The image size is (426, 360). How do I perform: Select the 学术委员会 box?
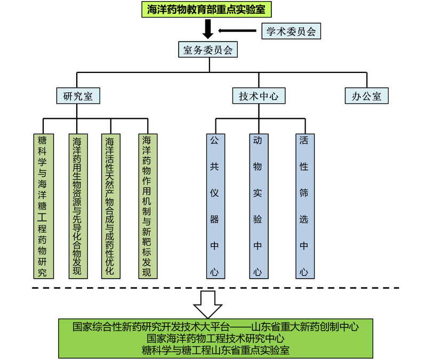tap(291, 31)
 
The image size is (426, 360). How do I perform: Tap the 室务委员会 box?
tap(207, 51)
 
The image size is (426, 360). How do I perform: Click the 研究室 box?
tap(78, 96)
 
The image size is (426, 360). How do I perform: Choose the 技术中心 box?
tap(259, 96)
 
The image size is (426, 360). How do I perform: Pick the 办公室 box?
tap(366, 96)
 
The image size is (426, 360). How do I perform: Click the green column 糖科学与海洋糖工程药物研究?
tap(43, 206)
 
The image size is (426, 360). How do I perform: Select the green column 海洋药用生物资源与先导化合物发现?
tap(77, 206)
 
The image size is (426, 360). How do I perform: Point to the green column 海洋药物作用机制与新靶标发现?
tap(146, 206)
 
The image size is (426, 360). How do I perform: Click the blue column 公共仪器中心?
tap(214, 206)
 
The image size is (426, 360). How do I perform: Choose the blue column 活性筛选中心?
tap(303, 206)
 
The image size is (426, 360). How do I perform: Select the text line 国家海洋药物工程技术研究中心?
tap(215, 338)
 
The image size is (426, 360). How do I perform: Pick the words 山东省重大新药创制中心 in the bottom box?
tap(305, 326)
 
